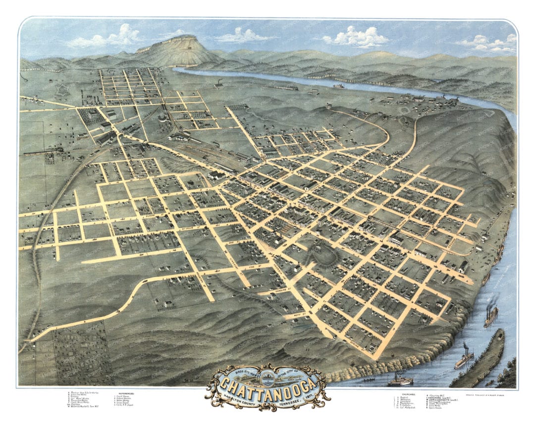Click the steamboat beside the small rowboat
click(400, 381)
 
